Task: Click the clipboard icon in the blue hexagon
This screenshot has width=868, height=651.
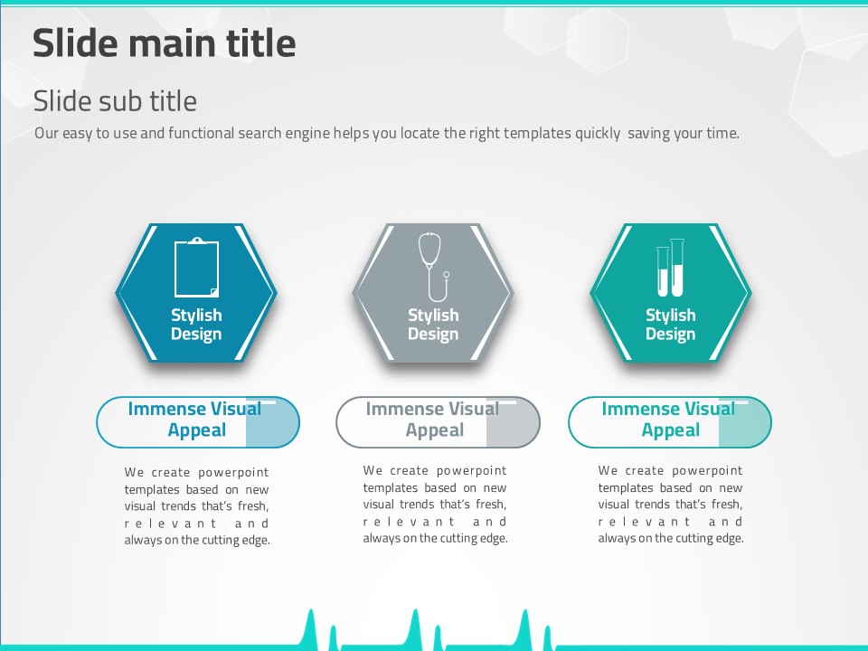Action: pos(196,268)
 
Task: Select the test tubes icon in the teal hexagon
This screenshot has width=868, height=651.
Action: pos(670,268)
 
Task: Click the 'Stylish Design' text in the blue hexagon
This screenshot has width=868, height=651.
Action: pos(196,325)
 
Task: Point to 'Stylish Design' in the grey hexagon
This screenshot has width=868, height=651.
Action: pos(433,325)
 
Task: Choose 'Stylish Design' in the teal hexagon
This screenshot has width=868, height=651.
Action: pos(670,325)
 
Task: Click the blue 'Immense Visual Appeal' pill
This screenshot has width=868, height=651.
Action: pos(198,422)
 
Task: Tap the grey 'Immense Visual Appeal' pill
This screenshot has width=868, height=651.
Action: pos(438,422)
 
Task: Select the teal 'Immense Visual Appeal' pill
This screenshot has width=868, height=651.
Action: pos(670,422)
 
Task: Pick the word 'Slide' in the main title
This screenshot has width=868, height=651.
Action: pos(75,43)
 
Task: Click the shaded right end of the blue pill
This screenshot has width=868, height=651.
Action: pos(272,422)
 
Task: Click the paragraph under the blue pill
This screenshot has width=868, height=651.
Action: pos(196,506)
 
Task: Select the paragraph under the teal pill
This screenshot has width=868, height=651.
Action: pos(670,505)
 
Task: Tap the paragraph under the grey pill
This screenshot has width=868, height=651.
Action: pos(435,505)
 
